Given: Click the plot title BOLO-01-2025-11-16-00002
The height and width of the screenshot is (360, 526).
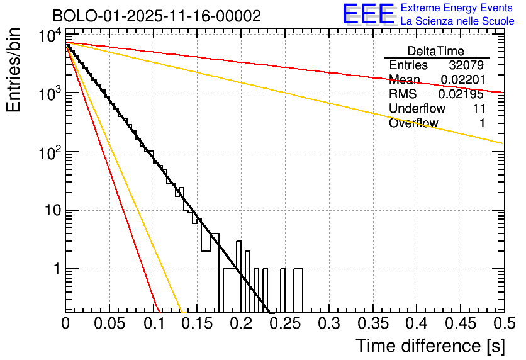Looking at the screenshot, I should click(157, 16).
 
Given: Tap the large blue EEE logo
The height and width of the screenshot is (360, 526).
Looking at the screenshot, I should click(367, 14).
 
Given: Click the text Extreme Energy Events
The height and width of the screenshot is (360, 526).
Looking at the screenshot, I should click(457, 8).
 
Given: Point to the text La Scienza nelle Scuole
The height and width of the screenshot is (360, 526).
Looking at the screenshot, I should click(457, 21).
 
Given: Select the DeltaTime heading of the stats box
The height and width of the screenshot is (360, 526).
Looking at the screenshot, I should click(435, 51).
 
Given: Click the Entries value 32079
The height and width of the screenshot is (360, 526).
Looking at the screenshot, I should click(466, 65).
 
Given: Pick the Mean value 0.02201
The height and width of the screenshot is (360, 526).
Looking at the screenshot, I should click(462, 80).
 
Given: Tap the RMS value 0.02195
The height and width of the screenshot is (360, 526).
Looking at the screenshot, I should click(462, 94).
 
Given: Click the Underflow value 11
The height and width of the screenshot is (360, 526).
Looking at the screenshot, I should click(478, 109).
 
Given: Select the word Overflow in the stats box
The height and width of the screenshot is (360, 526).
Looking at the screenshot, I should click(413, 123).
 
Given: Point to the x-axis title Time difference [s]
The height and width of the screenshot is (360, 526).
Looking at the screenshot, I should click(429, 346).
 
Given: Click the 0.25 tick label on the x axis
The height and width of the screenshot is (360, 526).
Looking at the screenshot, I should click(284, 324).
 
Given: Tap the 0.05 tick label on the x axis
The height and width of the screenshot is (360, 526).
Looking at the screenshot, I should click(109, 324).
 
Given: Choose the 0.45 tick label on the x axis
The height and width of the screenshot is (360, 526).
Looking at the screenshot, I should click(460, 324).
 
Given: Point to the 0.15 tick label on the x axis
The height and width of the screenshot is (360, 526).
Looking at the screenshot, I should click(197, 324).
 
